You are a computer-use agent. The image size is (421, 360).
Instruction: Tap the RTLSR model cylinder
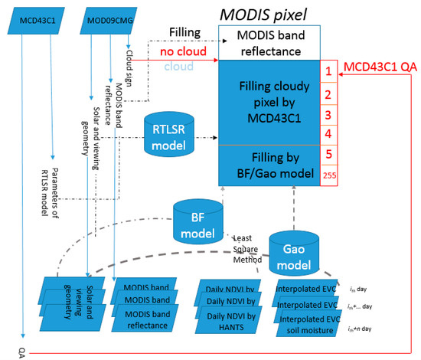click(170, 136)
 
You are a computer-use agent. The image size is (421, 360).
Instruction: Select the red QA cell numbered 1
click(327, 71)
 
